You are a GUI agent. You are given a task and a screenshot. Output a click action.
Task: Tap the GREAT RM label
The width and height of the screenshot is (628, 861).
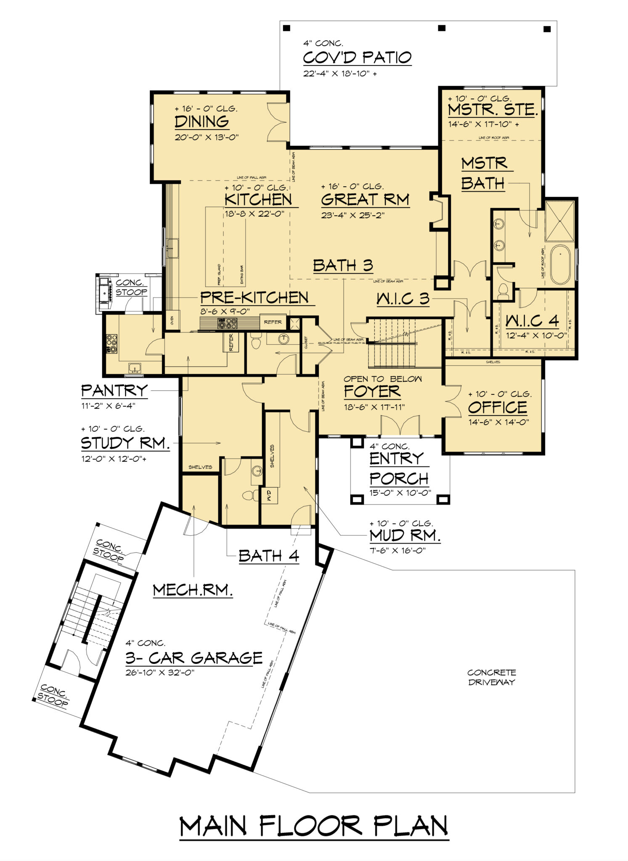click(365, 199)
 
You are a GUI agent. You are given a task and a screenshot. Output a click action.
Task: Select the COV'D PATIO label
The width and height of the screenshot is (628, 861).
click(357, 57)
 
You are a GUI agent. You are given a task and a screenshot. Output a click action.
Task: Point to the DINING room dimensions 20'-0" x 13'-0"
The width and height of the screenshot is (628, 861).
click(207, 137)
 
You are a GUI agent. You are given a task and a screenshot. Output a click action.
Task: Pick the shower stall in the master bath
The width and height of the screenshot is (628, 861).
click(559, 221)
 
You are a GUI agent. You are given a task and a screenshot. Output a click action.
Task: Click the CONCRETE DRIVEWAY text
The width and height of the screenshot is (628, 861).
click(491, 677)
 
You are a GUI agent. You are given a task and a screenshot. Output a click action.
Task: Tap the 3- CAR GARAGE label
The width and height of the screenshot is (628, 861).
click(194, 658)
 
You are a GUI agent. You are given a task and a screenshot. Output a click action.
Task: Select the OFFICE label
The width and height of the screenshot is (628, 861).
click(497, 407)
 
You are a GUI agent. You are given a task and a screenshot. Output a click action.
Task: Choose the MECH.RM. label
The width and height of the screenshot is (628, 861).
click(193, 590)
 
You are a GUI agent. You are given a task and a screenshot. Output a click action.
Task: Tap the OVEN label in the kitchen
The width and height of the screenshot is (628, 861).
click(172, 322)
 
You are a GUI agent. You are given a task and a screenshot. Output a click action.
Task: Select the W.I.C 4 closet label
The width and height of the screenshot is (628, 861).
click(532, 321)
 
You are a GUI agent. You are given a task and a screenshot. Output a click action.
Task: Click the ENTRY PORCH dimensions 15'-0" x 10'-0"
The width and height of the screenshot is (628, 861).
click(400, 492)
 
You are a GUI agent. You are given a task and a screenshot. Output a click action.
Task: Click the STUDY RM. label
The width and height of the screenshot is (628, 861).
click(125, 443)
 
